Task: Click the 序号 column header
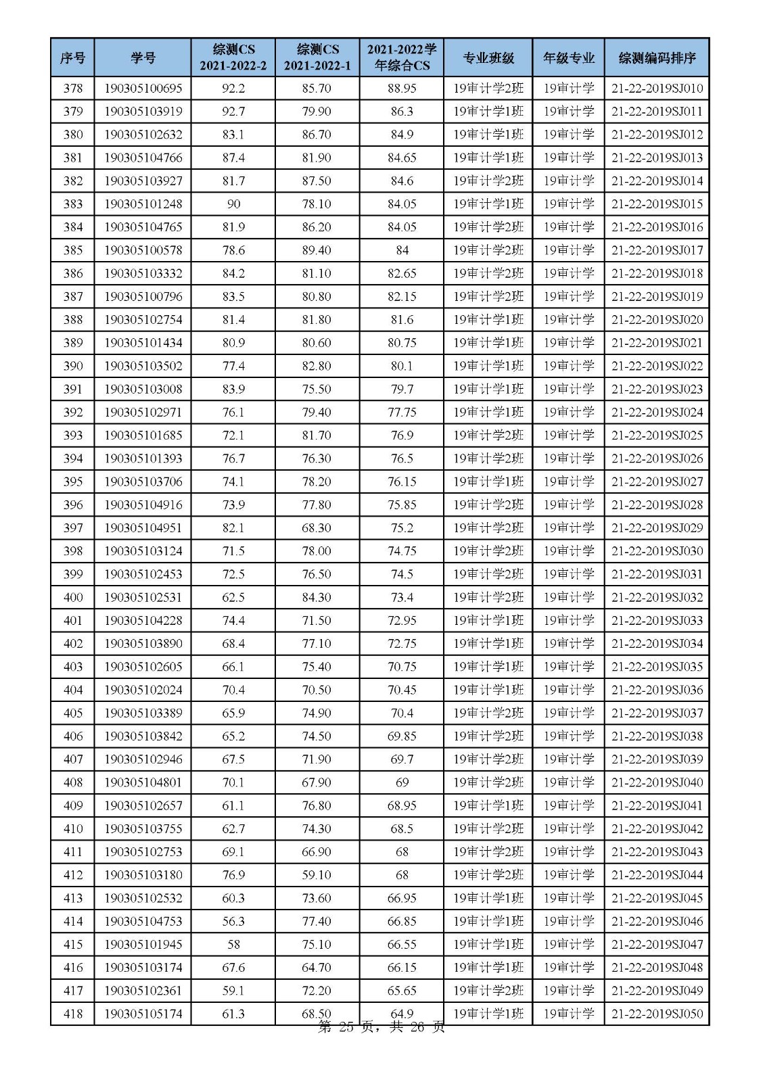72,57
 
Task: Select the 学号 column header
143,57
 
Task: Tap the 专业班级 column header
488,57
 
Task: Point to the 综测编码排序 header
657,57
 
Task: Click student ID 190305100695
143,88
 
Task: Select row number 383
72,204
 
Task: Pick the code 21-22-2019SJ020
657,319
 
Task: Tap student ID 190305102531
143,597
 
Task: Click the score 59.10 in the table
317,874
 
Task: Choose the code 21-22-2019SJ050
657,1014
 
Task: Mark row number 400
72,597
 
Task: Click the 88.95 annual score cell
402,88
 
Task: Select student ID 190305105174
143,1014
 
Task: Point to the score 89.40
317,250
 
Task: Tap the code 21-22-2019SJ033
657,620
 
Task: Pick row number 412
72,874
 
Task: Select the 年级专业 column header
568,57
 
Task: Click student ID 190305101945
143,944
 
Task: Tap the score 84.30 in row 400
317,597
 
